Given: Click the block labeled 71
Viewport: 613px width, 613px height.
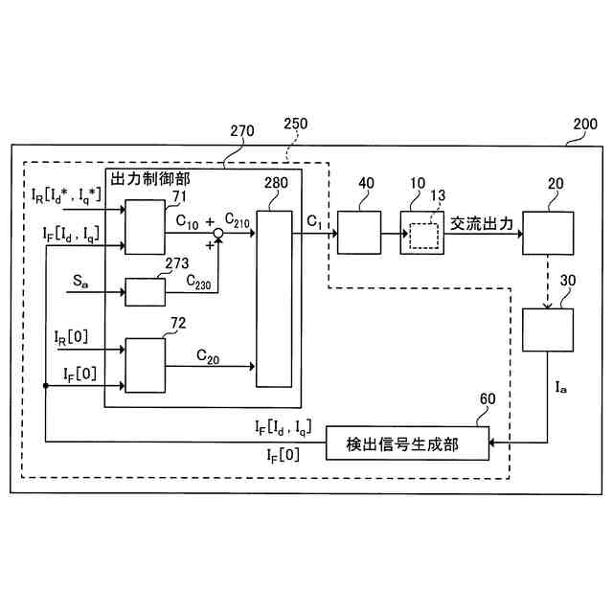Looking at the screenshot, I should [x=146, y=227].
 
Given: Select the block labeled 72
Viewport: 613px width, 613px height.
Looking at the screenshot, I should [x=146, y=365].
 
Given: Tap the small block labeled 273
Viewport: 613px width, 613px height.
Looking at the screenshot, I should [x=145, y=291].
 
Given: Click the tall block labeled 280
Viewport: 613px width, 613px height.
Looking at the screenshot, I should [x=274, y=298].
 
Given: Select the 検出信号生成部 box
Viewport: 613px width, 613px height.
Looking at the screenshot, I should [x=406, y=442].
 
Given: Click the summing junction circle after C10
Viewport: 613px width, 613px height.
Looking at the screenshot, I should [x=218, y=233].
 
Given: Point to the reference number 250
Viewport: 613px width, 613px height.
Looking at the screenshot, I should [x=298, y=125].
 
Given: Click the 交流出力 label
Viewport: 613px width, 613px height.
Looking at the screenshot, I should [x=484, y=223].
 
